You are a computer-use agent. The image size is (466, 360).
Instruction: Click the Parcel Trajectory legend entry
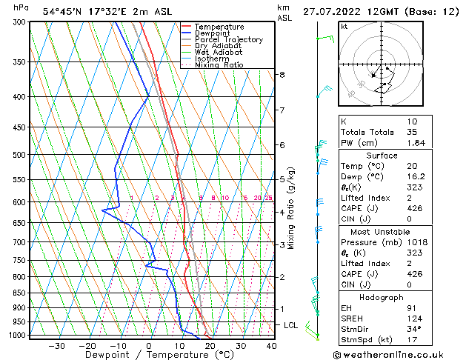click(228, 40)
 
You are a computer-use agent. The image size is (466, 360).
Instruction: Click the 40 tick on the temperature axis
click(271, 345)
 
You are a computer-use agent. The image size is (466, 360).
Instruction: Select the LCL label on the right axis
click(291, 325)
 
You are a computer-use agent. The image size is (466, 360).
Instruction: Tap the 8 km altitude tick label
click(282, 75)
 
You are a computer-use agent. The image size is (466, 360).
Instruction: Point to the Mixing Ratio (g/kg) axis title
click(292, 208)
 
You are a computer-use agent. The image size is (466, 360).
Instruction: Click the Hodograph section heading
click(381, 296)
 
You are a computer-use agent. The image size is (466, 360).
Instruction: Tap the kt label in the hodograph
click(344, 26)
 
